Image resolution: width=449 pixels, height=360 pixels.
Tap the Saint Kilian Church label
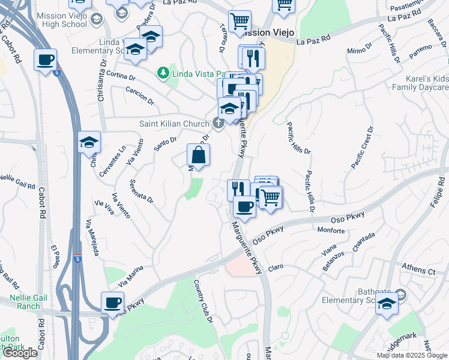tap(173, 123)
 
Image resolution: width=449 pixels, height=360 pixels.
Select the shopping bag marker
tap(198, 155)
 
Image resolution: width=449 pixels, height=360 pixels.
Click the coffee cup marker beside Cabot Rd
tap(46, 61)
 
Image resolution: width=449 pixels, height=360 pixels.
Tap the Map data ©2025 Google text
tap(412, 355)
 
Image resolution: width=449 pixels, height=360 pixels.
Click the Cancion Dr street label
tap(139, 95)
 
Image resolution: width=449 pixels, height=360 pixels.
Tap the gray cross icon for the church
tap(218, 123)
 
